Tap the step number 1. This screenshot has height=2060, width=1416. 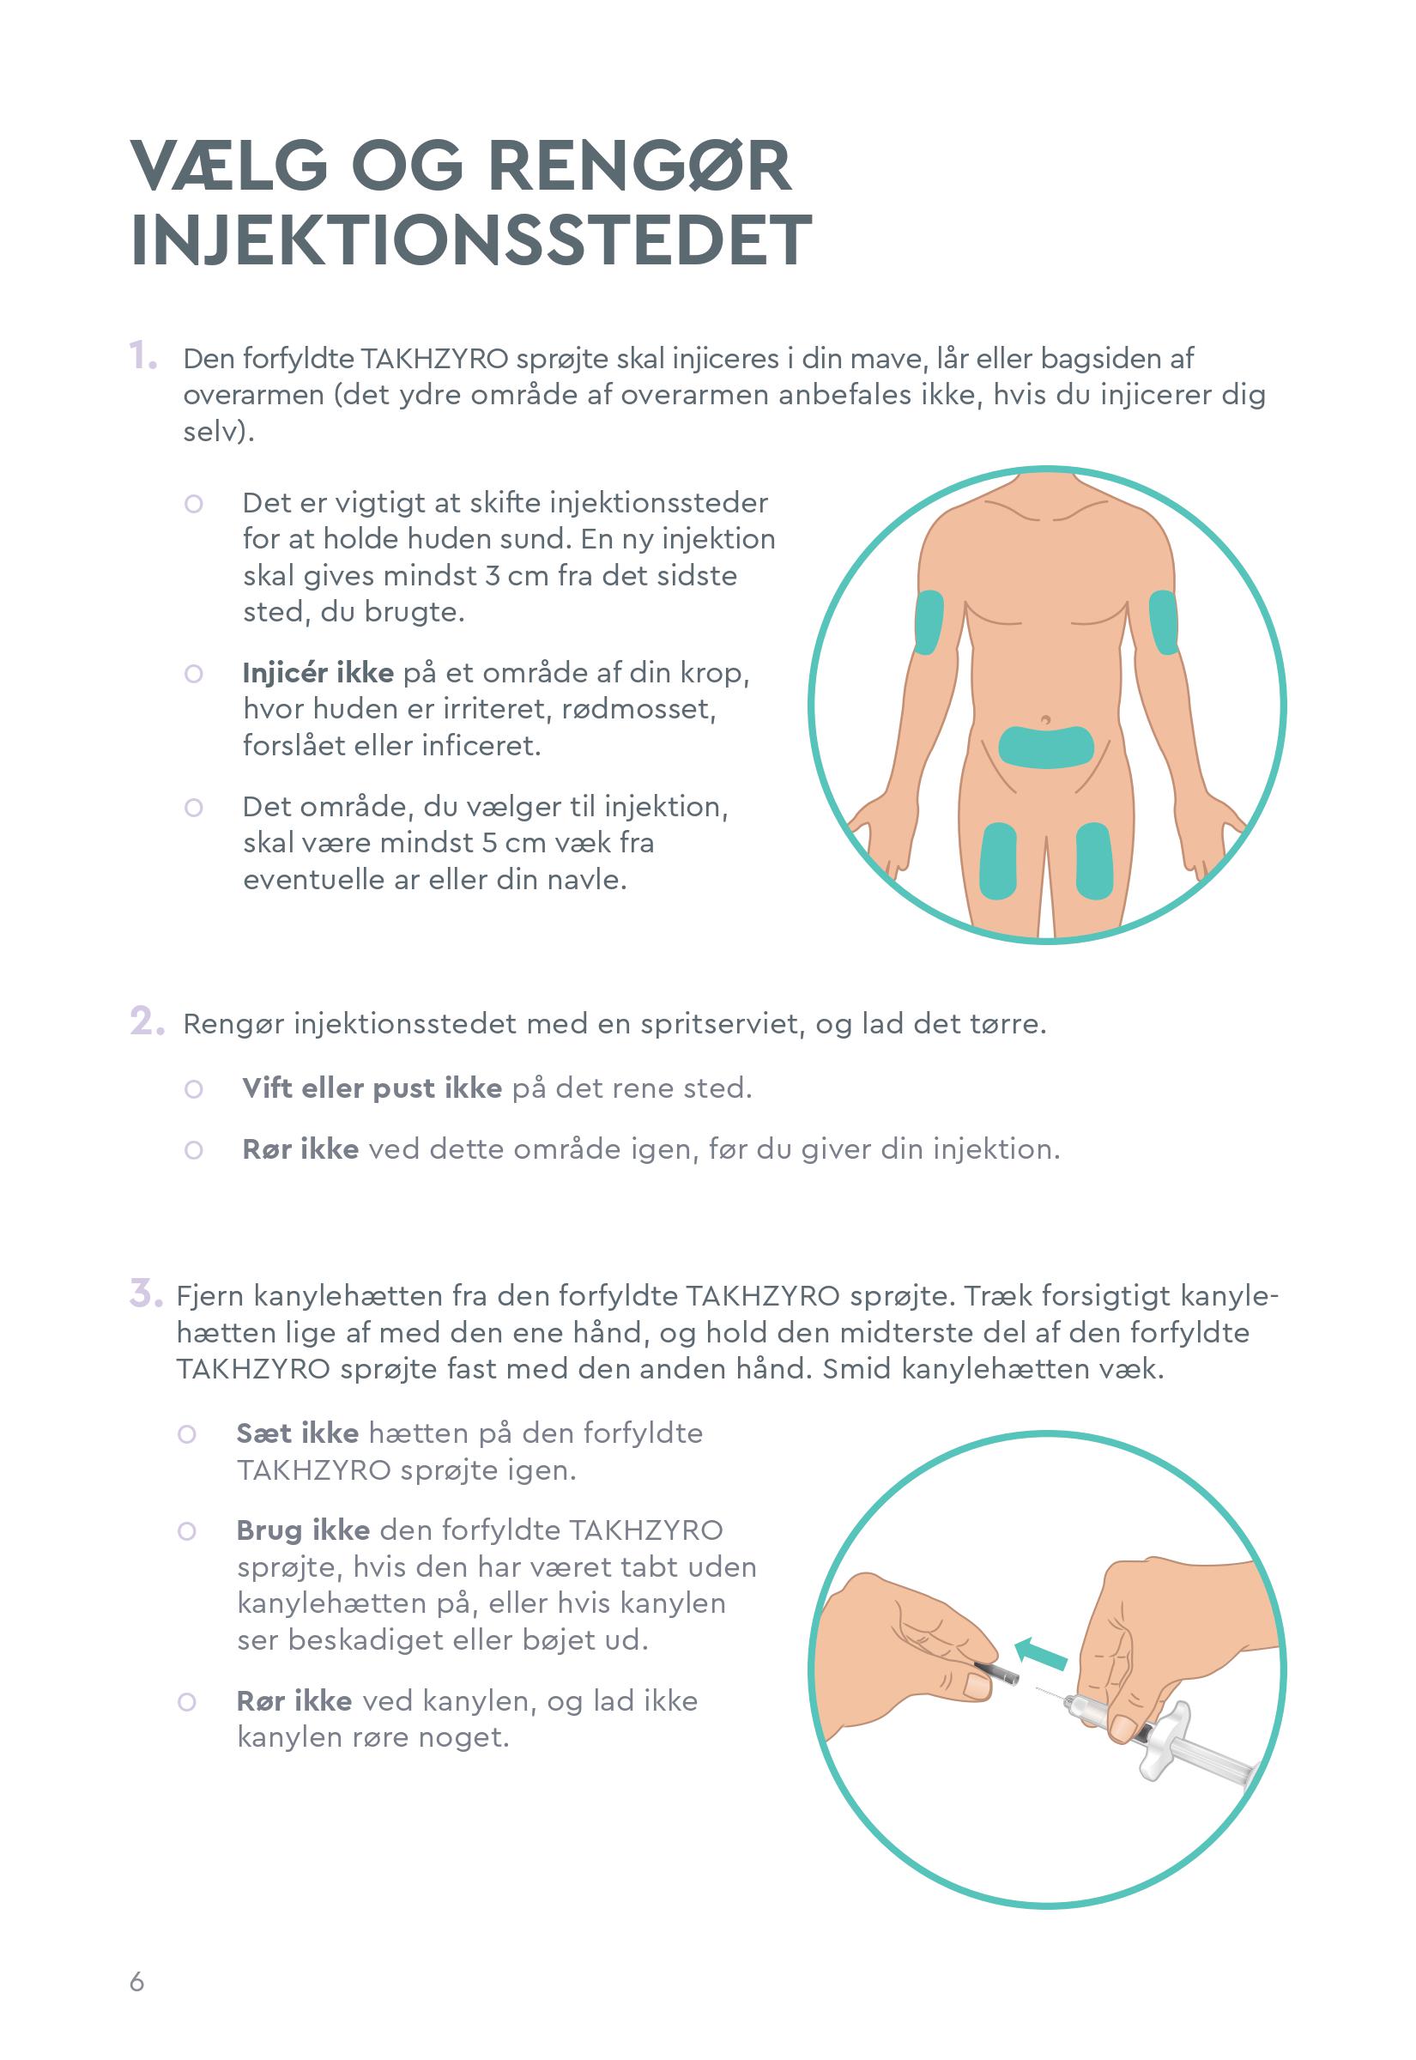point(143,357)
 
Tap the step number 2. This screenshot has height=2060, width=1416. point(148,1022)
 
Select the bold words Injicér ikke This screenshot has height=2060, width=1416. point(318,673)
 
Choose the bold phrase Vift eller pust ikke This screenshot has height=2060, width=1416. point(372,1088)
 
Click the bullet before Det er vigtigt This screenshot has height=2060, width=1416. point(193,504)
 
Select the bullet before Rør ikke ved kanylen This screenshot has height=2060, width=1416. point(186,1701)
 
